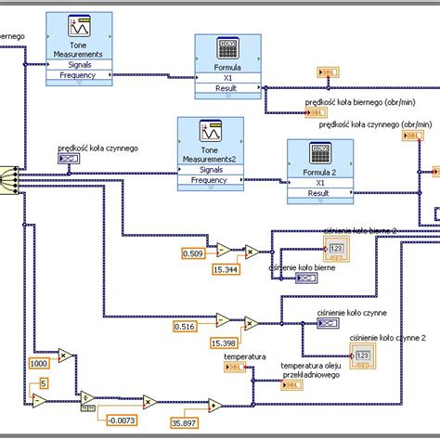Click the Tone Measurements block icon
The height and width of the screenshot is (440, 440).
[79, 28]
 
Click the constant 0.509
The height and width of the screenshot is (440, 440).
[193, 252]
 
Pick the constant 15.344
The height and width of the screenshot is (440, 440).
[226, 269]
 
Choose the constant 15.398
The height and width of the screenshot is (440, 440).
[224, 343]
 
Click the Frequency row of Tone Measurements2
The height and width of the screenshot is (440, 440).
[210, 180]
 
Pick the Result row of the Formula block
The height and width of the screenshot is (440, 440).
[227, 90]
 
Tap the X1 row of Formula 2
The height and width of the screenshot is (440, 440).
[320, 183]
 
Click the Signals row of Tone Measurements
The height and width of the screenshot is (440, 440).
[79, 64]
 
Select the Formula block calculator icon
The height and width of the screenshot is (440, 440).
[227, 47]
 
